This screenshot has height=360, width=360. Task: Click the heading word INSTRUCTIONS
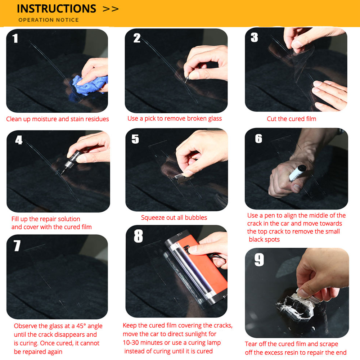click(x=57, y=8)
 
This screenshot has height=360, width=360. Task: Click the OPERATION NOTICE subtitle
click(x=48, y=20)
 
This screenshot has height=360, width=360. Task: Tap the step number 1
click(x=15, y=38)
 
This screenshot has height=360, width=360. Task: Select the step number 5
click(x=135, y=139)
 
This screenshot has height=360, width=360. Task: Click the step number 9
click(x=259, y=260)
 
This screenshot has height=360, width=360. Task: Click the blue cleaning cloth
click(x=88, y=85)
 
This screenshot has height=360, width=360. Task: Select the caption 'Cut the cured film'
click(x=291, y=119)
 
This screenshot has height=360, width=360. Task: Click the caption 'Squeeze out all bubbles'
click(x=174, y=217)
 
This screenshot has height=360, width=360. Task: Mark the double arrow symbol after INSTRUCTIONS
click(x=111, y=9)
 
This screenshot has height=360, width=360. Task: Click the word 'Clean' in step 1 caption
click(x=14, y=119)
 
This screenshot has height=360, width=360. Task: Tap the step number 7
click(x=17, y=246)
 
